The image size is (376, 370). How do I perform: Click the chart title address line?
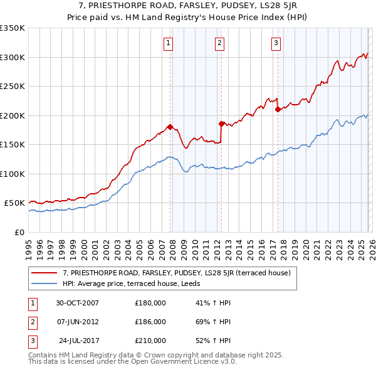pyautogui.click(x=187, y=6)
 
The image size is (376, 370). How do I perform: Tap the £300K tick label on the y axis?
pyautogui.click(x=13, y=57)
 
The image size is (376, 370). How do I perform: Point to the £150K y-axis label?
pyautogui.click(x=13, y=144)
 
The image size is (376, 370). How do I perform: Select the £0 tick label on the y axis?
pyautogui.click(x=18, y=232)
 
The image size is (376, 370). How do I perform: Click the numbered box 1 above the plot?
pyautogui.click(x=169, y=43)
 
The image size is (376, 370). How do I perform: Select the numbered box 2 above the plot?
pyautogui.click(x=220, y=43)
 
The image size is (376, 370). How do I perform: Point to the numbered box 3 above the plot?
pyautogui.click(x=276, y=43)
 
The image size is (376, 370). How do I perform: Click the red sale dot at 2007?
pyautogui.click(x=170, y=127)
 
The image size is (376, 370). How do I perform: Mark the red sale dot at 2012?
pyautogui.click(x=221, y=124)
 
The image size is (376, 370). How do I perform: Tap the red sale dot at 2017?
pyautogui.click(x=277, y=110)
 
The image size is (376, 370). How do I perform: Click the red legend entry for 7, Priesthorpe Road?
pyautogui.click(x=176, y=273)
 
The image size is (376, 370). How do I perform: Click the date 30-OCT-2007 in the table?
pyautogui.click(x=77, y=303)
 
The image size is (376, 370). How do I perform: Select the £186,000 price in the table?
pyautogui.click(x=150, y=322)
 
